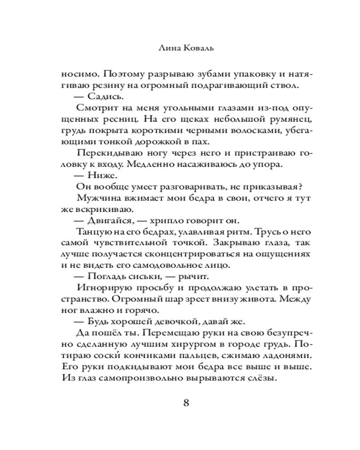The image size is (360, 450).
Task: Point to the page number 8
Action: point(186,402)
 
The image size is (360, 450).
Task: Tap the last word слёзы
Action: point(261,379)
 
